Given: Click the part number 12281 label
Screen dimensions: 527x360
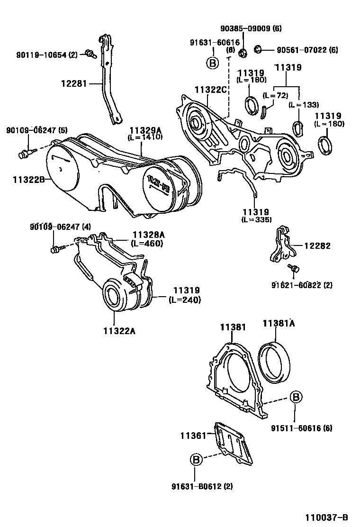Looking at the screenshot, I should (x=73, y=84).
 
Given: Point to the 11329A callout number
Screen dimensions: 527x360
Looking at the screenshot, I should (x=144, y=130).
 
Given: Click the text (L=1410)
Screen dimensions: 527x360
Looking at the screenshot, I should (x=144, y=137).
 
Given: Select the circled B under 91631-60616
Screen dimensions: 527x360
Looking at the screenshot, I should (x=212, y=63).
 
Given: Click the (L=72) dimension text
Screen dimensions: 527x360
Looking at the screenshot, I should (x=275, y=95).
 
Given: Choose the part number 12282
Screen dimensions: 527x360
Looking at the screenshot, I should (x=317, y=245).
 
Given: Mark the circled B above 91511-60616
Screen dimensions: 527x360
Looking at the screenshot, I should (x=295, y=397).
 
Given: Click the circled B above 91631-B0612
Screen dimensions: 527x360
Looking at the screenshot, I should (x=196, y=459).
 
